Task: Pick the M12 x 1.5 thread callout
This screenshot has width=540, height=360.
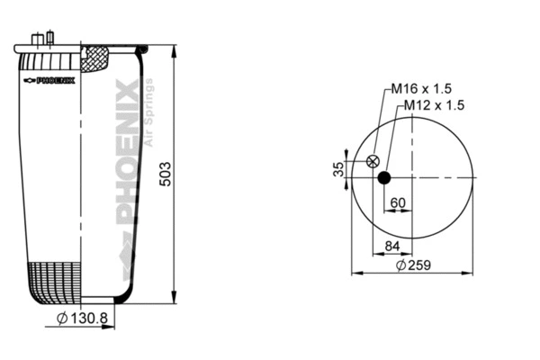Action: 433,105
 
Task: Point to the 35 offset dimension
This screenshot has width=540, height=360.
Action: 338,169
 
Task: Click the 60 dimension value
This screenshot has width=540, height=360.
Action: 397,202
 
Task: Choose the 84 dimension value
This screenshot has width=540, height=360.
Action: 392,246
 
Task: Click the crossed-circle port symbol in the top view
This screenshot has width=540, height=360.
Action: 373,162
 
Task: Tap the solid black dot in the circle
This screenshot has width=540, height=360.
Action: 384,177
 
